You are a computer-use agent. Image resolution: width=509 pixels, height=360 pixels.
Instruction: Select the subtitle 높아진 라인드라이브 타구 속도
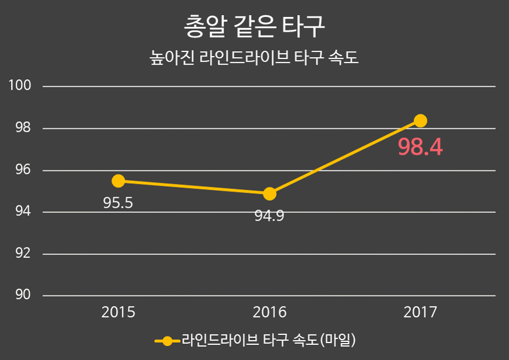click(x=254, y=59)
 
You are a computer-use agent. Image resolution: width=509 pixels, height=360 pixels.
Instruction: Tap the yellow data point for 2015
click(x=118, y=181)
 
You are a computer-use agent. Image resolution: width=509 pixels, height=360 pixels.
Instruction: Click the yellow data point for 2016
click(x=269, y=194)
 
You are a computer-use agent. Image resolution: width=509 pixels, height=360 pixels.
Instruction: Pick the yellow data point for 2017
click(x=420, y=121)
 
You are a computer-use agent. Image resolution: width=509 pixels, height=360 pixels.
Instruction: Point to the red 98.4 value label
click(x=420, y=148)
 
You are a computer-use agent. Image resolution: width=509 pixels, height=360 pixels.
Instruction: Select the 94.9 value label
click(x=269, y=216)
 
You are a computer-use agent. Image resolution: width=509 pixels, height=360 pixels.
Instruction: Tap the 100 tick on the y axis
click(x=20, y=86)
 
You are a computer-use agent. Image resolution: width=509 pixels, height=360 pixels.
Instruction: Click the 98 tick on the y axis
click(x=23, y=128)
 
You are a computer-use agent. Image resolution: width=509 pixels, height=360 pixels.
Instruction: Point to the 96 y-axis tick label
click(x=23, y=170)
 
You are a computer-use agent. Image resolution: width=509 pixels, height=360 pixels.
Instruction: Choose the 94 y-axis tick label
click(x=23, y=212)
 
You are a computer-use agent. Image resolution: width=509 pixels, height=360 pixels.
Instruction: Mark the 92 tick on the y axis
click(x=23, y=254)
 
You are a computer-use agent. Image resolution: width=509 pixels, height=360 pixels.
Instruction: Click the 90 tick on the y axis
click(x=23, y=296)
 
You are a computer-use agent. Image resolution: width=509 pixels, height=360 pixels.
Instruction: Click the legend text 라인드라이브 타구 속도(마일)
click(x=269, y=340)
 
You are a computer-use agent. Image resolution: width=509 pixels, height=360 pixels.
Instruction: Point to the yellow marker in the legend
click(x=167, y=341)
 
